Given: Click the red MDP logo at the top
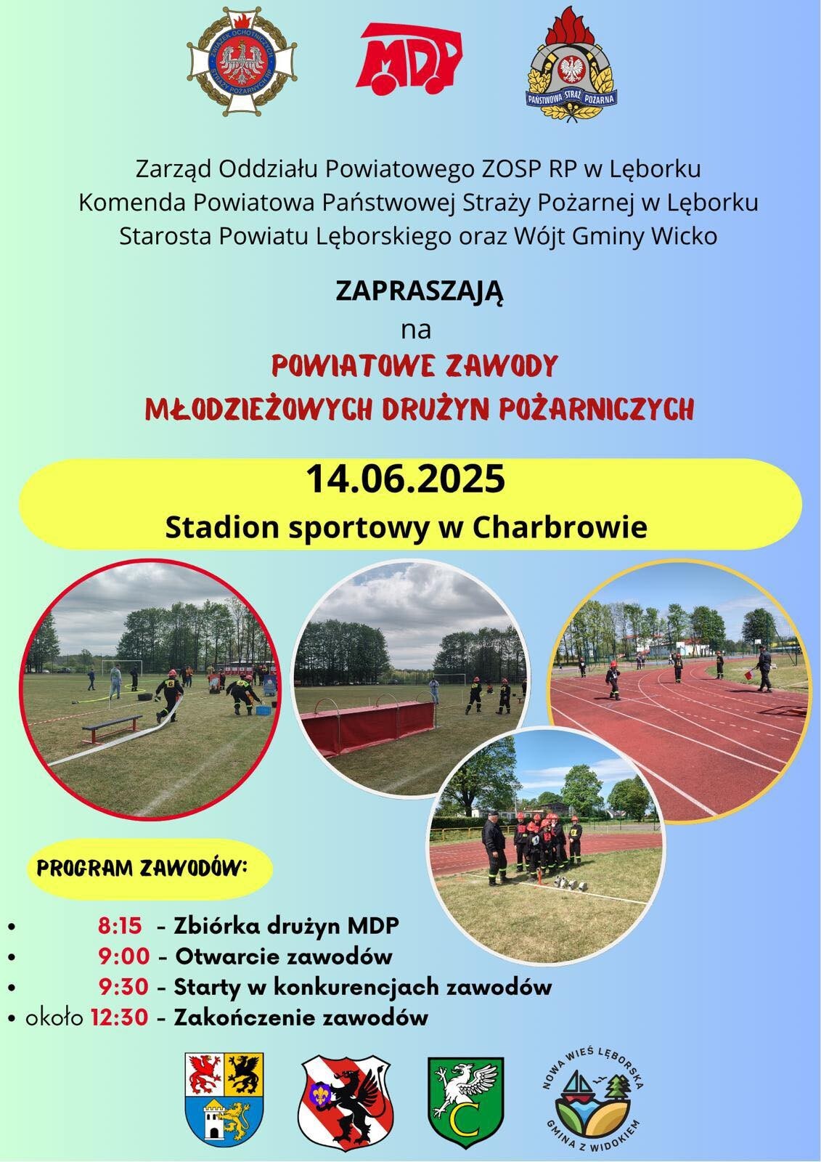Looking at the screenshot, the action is pos(409,59).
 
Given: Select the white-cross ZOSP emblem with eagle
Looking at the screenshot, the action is pos(242,61).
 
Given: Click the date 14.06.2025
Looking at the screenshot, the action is pos(406,479).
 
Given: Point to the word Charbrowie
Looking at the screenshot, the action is pos(560,527).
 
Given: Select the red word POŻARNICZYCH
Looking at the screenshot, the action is pos(596,408).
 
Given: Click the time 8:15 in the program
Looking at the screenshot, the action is pos(120,925).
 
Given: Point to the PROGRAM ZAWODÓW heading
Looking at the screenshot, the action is pos(142,869).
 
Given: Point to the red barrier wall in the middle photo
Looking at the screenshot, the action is pos(368,724).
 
